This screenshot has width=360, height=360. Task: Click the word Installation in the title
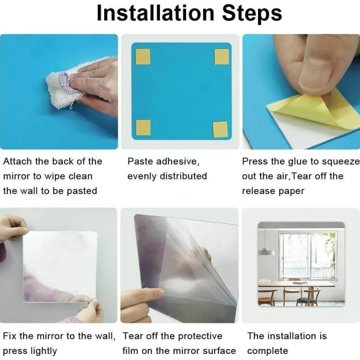click(155, 13)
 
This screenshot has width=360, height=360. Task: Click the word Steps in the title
click(252, 14)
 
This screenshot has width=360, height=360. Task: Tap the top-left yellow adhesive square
click(143, 57)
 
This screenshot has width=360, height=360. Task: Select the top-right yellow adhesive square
click(222, 57)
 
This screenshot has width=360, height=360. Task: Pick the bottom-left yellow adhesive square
click(143, 128)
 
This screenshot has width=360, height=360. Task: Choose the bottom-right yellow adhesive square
click(220, 130)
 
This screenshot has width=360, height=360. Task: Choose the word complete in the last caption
click(267, 351)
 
